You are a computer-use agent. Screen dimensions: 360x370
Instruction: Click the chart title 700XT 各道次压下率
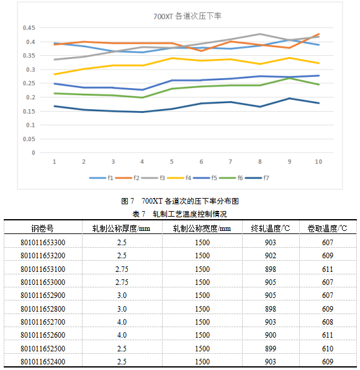tap(187, 16)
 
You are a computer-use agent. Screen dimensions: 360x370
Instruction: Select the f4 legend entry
tap(179, 178)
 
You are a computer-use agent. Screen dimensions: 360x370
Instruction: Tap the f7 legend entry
tap(257, 178)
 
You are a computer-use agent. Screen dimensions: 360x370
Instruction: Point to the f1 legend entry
tap(101, 178)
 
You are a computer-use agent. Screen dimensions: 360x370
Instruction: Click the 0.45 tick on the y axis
tap(29, 28)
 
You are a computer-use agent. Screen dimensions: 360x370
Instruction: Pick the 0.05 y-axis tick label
tap(29, 139)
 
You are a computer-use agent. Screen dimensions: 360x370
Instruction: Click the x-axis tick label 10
tap(318, 161)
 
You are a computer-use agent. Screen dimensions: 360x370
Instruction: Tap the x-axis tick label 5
tap(171, 161)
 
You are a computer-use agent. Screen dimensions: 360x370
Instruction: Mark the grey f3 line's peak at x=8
tap(260, 34)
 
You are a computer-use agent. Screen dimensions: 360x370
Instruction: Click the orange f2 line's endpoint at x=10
tap(318, 34)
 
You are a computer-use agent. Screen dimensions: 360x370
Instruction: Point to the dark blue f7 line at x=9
tap(289, 99)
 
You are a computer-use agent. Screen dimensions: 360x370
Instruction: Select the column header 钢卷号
tap(42, 228)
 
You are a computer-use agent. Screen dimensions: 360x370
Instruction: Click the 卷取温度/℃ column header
tap(327, 228)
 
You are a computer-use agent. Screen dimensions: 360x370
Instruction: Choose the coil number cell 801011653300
tap(43, 243)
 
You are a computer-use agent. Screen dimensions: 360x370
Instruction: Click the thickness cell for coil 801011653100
tap(122, 269)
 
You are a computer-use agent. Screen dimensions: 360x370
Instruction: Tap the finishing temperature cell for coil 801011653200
tap(271, 256)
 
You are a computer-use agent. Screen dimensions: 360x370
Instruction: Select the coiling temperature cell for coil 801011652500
tap(328, 348)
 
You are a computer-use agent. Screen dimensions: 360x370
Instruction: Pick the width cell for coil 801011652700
tap(202, 322)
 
